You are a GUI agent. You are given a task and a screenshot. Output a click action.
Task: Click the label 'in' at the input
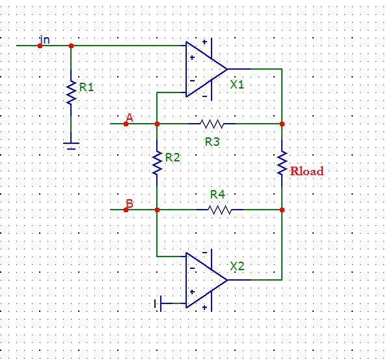pos(45,40)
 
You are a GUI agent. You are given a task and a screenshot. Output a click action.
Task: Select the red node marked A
pos(126,124)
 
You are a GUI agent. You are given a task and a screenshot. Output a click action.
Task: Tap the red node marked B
pos(126,210)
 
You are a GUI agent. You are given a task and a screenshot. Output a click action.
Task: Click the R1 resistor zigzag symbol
pos(71,93)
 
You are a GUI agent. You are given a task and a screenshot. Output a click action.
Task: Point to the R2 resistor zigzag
pos(157,163)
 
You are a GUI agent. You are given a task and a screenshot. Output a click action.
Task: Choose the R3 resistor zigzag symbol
pos(212,124)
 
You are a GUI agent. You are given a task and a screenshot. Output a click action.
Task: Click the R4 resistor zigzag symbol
pos(220,210)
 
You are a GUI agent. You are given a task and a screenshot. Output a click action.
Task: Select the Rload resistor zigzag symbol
pos(282,163)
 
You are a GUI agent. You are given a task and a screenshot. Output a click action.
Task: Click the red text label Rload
pos(307,171)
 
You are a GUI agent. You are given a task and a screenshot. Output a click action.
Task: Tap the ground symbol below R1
pos(71,146)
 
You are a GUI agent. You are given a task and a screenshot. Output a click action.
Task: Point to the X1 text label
pos(237,85)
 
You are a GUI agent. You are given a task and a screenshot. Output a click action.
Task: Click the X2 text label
pos(237,266)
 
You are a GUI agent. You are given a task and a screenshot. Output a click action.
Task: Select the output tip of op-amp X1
pos(227,69)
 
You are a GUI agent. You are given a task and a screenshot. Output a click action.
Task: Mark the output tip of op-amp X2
pos(227,280)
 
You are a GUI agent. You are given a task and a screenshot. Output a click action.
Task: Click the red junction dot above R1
pos(71,46)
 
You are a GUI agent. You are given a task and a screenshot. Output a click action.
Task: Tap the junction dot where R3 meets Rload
pos(282,124)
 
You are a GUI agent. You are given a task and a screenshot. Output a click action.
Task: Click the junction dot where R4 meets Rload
pos(282,210)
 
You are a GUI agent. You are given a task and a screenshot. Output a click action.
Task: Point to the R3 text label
pos(212,142)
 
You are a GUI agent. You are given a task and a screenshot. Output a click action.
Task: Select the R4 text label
pos(217,195)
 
